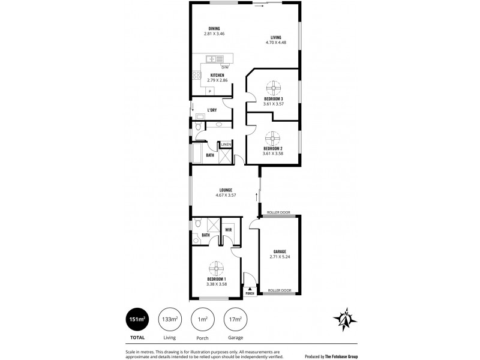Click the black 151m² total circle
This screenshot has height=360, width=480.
point(136,320)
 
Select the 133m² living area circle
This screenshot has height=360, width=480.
point(170,320)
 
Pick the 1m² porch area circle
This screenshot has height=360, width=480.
point(202,320)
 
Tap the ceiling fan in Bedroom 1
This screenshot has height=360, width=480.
point(217,268)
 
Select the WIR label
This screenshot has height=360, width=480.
point(229,229)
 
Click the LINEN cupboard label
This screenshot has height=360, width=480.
point(226,145)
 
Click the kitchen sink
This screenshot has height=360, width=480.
point(212,59)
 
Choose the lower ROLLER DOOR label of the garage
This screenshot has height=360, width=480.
point(279,291)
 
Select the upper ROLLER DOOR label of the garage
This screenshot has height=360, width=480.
point(280,212)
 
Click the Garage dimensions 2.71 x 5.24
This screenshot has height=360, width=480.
point(280,256)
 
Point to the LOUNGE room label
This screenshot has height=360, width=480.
point(226,190)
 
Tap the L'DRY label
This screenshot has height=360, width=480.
point(212,110)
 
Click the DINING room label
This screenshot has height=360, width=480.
point(214,29)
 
